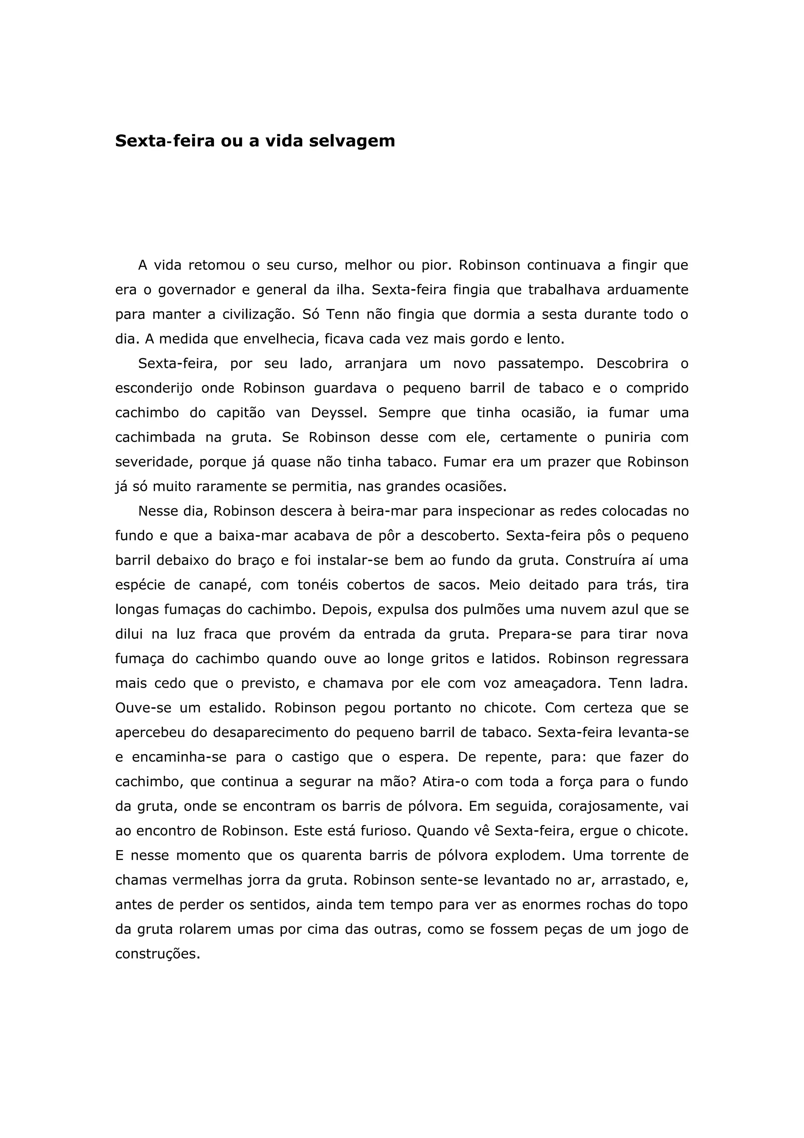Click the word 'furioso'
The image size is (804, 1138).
(x=386, y=831)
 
